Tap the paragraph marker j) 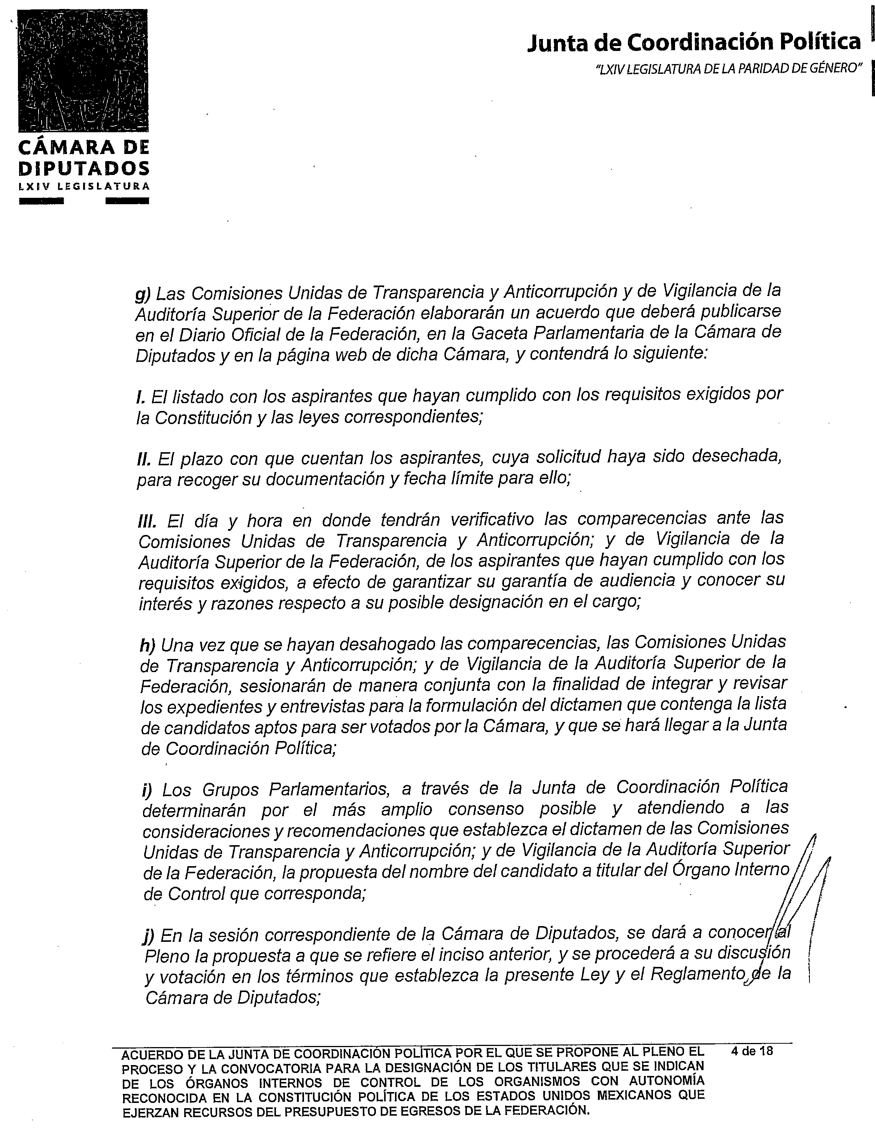148,935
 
